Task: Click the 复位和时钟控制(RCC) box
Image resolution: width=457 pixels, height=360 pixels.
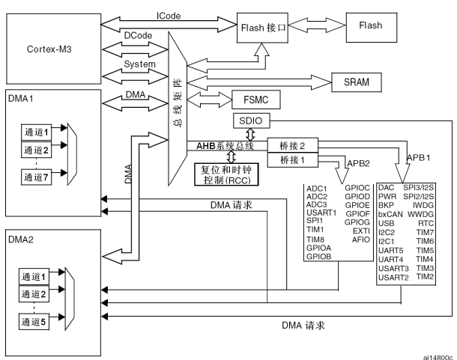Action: tap(226, 176)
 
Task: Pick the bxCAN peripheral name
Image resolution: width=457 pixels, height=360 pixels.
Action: tap(391, 214)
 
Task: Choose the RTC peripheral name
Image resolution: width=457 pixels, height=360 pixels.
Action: tap(428, 223)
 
